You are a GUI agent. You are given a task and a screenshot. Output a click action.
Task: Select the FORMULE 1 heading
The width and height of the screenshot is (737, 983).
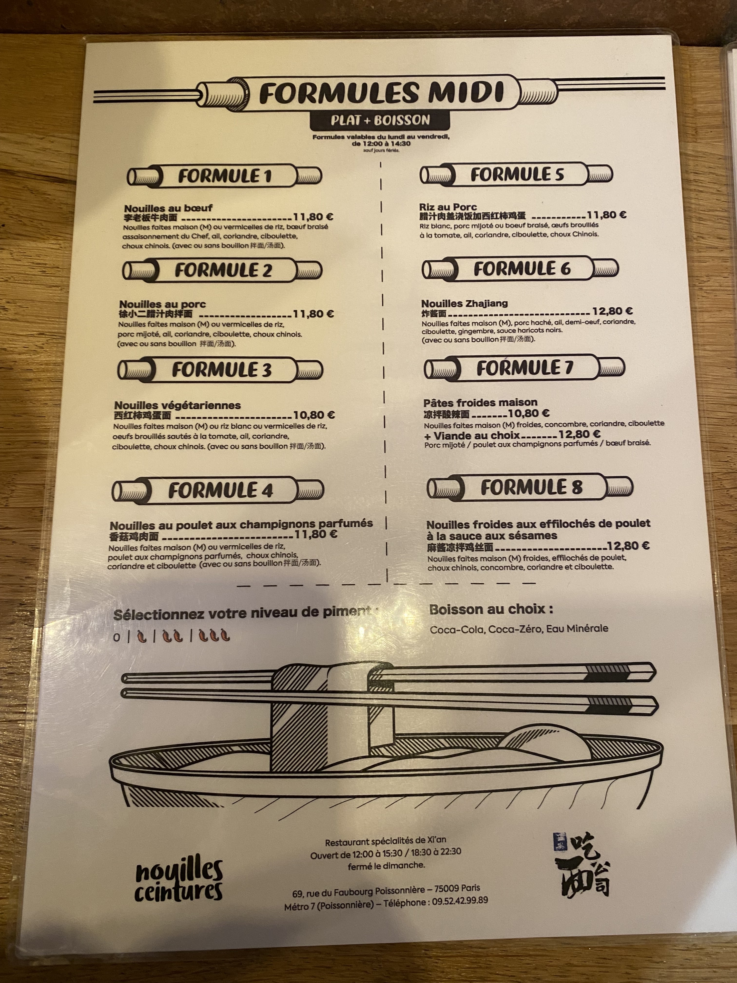pyautogui.click(x=224, y=176)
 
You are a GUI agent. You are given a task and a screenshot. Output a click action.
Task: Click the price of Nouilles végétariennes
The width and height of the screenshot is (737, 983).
pyautogui.click(x=314, y=415)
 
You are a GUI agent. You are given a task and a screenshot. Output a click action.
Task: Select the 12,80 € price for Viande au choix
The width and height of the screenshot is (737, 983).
pyautogui.click(x=579, y=434)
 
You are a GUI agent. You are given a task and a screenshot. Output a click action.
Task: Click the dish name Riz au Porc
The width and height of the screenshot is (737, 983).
pyautogui.click(x=448, y=207)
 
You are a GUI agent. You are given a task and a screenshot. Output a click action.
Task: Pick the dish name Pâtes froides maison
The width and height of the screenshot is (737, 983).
pyautogui.click(x=480, y=403)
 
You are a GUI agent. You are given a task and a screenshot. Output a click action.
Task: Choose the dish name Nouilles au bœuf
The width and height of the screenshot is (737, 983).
pyautogui.click(x=168, y=208)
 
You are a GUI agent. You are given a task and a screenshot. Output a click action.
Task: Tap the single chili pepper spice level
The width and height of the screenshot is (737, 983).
pyautogui.click(x=142, y=636)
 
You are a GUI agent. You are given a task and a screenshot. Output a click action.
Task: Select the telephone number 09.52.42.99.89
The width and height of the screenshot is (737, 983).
pyautogui.click(x=460, y=900)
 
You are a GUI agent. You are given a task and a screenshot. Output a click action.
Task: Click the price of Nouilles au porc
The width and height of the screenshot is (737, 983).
pyautogui.click(x=313, y=314)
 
